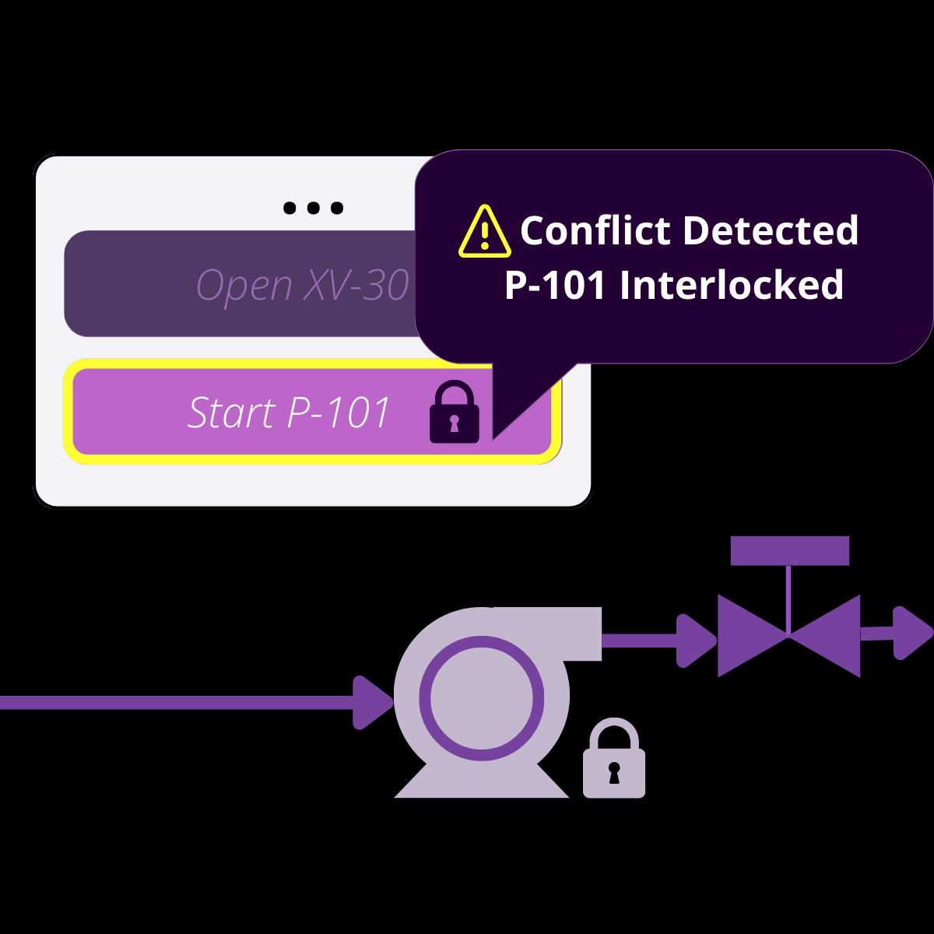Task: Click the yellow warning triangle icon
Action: [x=485, y=232]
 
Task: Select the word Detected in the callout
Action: [x=771, y=231]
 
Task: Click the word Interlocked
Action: [x=732, y=285]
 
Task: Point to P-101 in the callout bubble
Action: [x=555, y=286]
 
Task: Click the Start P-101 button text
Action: [x=289, y=413]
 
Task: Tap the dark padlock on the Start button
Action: [x=455, y=413]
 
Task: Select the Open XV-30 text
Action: [x=302, y=285]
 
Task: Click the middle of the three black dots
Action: [x=313, y=208]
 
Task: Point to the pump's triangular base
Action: [x=482, y=782]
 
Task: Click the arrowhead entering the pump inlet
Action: [x=372, y=703]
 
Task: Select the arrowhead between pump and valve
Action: [x=695, y=641]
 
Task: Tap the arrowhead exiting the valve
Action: [x=911, y=633]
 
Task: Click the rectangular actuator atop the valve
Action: [x=789, y=551]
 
